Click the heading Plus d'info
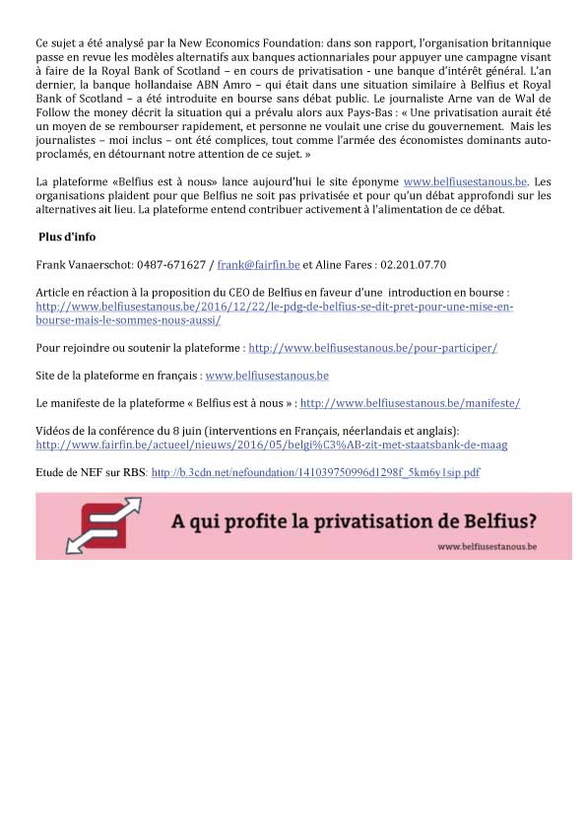click(x=67, y=238)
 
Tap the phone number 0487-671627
click(x=170, y=265)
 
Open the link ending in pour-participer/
click(x=372, y=348)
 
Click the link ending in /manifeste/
click(x=410, y=403)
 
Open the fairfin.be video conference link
click(x=271, y=445)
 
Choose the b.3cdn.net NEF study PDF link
click(x=315, y=473)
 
